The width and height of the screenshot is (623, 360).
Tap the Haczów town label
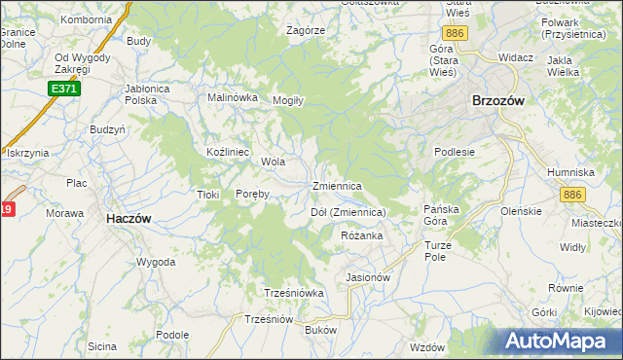click(128, 220)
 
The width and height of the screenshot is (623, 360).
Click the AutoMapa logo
click(560, 342)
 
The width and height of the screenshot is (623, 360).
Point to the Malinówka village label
click(233, 97)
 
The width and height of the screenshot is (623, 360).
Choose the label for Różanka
click(361, 236)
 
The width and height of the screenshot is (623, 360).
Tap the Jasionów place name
click(368, 277)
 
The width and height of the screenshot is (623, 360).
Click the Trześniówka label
click(293, 293)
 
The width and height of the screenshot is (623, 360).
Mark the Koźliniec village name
click(230, 153)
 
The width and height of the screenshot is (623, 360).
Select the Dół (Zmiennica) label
click(348, 212)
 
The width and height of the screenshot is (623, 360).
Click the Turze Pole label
click(441, 252)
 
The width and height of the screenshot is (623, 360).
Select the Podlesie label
click(455, 152)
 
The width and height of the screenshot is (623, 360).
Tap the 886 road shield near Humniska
click(572, 196)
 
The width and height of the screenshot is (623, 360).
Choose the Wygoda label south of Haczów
click(156, 263)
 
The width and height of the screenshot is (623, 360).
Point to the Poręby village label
click(252, 194)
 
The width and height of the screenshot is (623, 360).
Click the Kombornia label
click(87, 19)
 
